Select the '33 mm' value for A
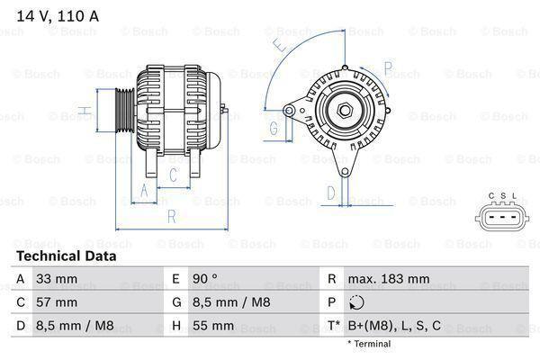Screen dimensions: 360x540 point(56,280)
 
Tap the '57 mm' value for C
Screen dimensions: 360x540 point(56,302)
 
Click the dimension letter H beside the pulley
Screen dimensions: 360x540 point(82,112)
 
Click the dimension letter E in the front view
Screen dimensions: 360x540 point(281,43)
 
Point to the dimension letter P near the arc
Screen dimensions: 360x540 point(388,67)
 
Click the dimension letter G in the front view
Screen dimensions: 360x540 point(274,129)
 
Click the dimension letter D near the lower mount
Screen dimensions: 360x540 point(331,192)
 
